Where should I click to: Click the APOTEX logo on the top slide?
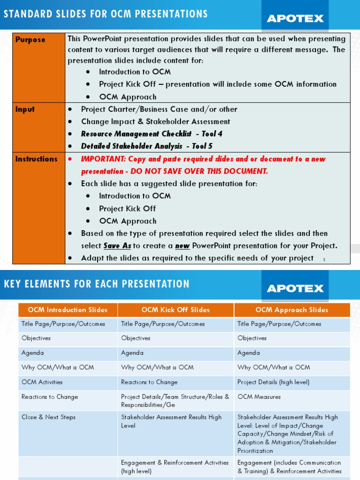tap(295, 18)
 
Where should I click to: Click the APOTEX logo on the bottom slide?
tap(295, 288)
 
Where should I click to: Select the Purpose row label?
tap(30, 40)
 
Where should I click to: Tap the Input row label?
tap(25, 109)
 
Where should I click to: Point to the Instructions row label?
tap(36, 159)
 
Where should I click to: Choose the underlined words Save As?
tap(117, 246)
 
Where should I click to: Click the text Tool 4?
tap(212, 134)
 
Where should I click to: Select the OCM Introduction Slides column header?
tap(67, 310)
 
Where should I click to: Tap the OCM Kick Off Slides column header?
tap(175, 310)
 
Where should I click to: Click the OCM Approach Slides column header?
tap(292, 310)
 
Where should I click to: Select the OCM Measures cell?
tap(259, 397)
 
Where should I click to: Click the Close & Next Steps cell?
tap(48, 417)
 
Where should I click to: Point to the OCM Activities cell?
tap(42, 382)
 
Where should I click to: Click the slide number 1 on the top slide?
tap(324, 260)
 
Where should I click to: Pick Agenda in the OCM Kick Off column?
tap(132, 353)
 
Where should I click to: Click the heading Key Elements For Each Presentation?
tap(97, 284)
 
